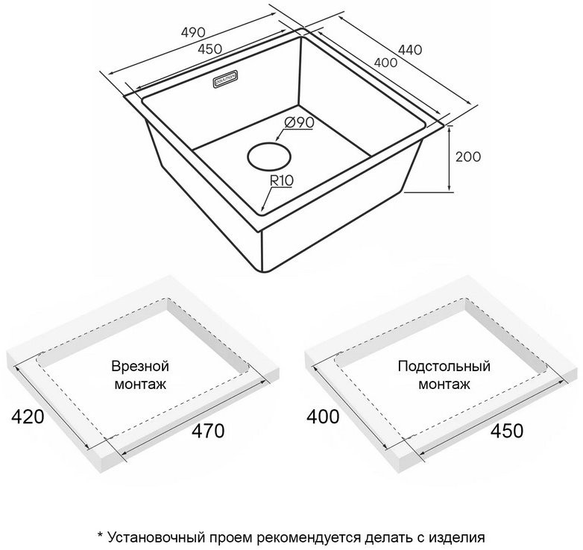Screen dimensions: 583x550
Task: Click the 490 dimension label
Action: click(193, 32)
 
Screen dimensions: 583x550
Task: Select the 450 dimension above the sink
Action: click(209, 48)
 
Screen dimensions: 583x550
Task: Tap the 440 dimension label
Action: click(410, 49)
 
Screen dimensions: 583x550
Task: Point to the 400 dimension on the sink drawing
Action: click(385, 63)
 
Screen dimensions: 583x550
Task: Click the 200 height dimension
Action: click(468, 157)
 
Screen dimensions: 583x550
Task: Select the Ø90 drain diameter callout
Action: click(298, 122)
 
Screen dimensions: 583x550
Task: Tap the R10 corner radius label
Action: click(282, 180)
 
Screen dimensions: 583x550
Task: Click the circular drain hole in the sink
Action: click(269, 156)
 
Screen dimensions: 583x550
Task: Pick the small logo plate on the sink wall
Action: click(226, 79)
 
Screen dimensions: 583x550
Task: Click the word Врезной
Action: click(140, 366)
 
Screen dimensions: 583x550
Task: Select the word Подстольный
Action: click(444, 366)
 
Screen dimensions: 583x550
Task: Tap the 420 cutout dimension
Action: click(28, 417)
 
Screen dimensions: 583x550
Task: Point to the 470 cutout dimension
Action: click(208, 431)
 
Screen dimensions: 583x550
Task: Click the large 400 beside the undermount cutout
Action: click(323, 417)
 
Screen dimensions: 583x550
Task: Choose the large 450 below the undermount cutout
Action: click(507, 431)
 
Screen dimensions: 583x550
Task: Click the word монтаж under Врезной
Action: click(140, 385)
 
